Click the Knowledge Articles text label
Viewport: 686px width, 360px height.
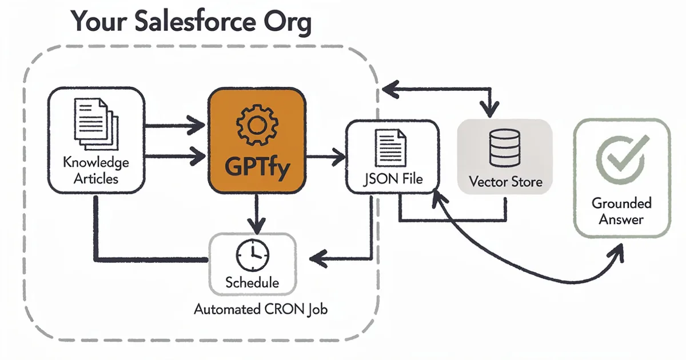pyautogui.click(x=96, y=170)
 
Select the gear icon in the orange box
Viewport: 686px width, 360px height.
pyautogui.click(x=256, y=127)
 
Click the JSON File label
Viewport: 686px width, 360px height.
pyautogui.click(x=393, y=179)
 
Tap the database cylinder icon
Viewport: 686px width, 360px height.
pyautogui.click(x=505, y=147)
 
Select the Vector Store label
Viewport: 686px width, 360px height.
pyautogui.click(x=505, y=182)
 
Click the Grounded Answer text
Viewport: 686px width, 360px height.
pyautogui.click(x=621, y=211)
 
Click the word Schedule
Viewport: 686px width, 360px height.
pyautogui.click(x=252, y=282)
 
